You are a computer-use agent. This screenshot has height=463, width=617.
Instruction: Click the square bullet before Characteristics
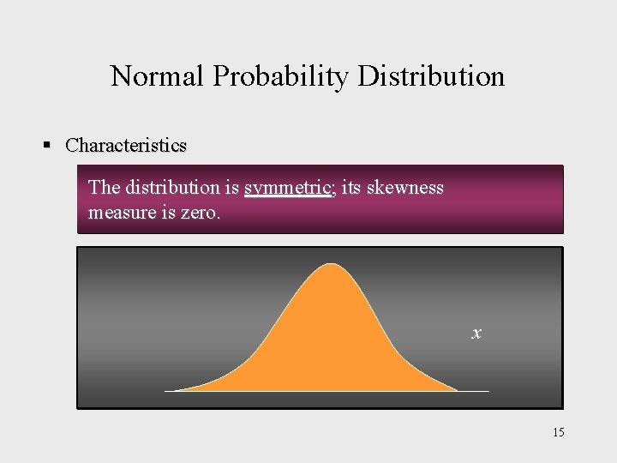(48, 145)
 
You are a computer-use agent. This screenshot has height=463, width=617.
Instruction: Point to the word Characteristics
(126, 145)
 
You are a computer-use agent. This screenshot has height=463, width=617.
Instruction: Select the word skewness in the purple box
(405, 187)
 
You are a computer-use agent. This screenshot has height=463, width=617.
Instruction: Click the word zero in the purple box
(201, 211)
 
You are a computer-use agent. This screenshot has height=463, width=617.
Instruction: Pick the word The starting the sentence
(105, 187)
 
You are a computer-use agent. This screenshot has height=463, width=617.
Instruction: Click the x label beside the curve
(476, 333)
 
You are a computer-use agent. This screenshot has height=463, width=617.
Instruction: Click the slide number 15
(558, 432)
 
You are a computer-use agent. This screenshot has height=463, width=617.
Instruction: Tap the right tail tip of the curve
(456, 390)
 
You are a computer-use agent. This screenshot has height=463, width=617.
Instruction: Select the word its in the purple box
(351, 187)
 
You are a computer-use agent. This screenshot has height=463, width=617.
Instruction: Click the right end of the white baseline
(488, 391)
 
